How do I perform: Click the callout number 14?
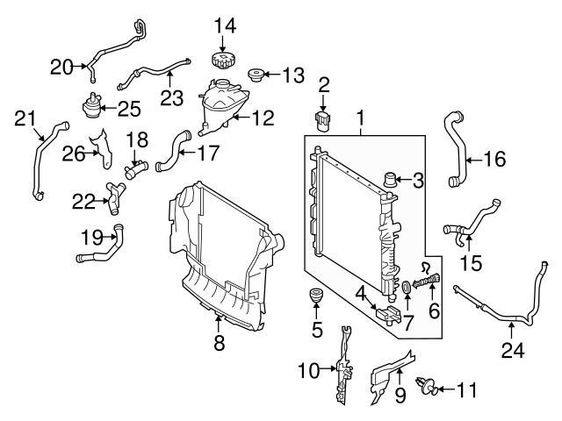pyautogui.click(x=225, y=25)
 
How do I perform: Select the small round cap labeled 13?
pyautogui.click(x=258, y=74)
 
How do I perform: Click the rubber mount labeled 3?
pyautogui.click(x=393, y=182)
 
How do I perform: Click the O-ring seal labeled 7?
pyautogui.click(x=407, y=287)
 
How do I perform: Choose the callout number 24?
pyautogui.click(x=513, y=352)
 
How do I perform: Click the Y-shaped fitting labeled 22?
pyautogui.click(x=112, y=198)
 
